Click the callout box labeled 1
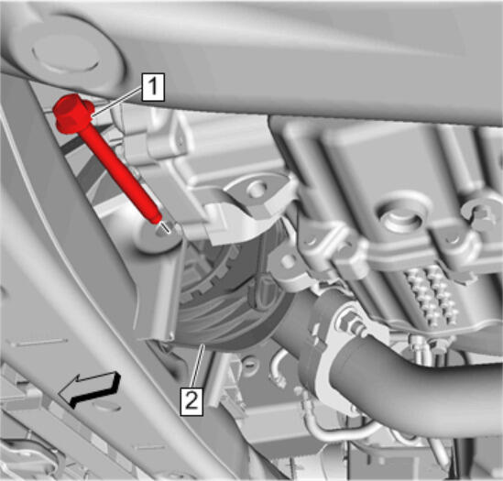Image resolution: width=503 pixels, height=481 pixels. pos(153,87)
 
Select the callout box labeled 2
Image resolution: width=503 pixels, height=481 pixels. pos(191,401)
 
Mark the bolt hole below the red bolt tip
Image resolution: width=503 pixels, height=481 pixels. pos(162,230)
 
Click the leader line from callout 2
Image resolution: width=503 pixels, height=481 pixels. pos(197,366)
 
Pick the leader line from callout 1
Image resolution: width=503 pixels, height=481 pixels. pos(117,102)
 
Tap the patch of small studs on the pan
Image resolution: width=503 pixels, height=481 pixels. pos(432,293)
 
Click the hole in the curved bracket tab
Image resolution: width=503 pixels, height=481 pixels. pos(258,190)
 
